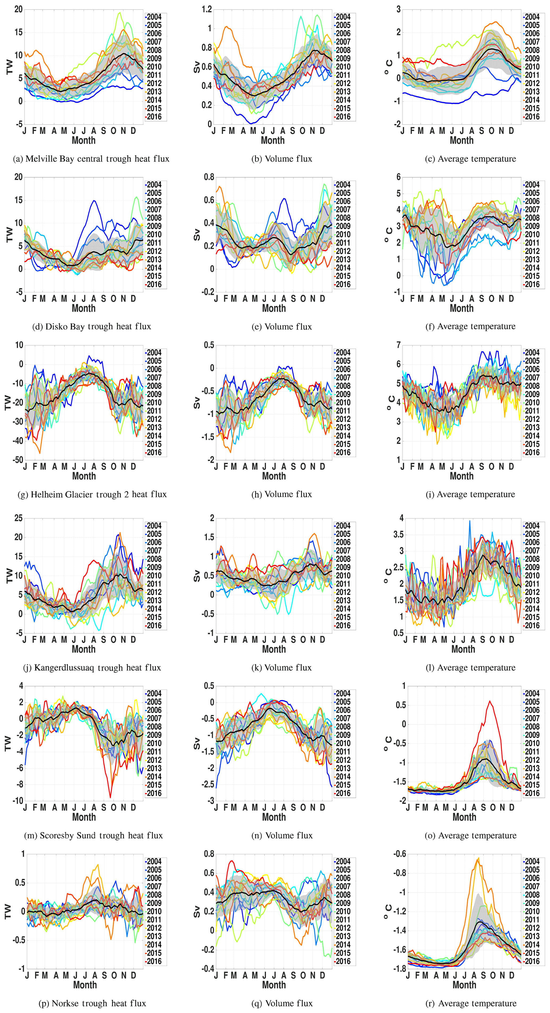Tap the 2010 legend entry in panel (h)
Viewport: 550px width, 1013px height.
(x=343, y=402)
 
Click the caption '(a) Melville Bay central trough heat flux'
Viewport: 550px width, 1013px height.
(x=91, y=159)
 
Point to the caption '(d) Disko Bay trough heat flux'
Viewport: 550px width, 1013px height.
(x=91, y=326)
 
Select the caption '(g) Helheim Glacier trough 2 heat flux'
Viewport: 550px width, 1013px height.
(x=92, y=494)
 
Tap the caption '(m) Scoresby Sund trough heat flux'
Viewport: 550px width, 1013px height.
(x=93, y=835)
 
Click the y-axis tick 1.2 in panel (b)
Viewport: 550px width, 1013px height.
(x=206, y=9)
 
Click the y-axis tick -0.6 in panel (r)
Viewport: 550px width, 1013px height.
(x=399, y=854)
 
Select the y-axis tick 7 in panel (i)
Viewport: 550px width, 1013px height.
(x=399, y=345)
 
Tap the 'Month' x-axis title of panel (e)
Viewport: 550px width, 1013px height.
(x=274, y=308)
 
